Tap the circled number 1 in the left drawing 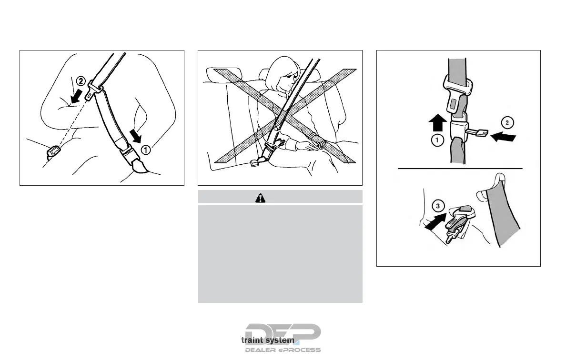[146, 150]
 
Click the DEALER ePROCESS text [283, 350]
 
